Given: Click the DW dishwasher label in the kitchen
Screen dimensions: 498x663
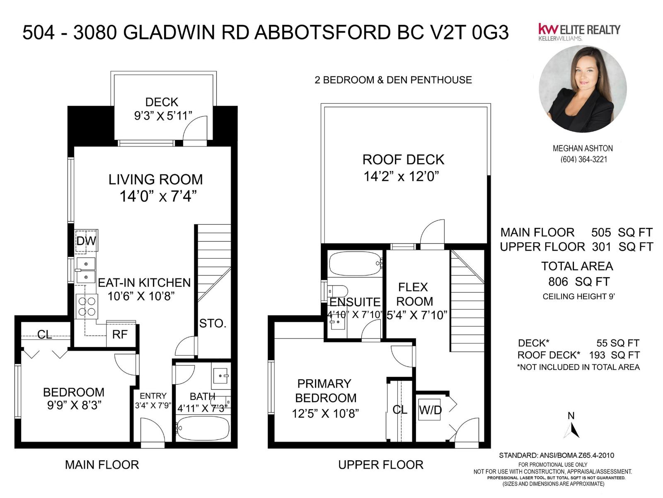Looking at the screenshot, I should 86,241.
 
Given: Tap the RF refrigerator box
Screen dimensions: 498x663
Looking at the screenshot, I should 120,334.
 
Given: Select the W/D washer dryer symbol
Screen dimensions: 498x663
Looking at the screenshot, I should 430,410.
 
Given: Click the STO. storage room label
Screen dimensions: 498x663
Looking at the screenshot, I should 213,324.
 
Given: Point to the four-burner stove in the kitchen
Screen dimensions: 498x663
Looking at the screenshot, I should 87,307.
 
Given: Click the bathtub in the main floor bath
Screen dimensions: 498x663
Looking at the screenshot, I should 203,428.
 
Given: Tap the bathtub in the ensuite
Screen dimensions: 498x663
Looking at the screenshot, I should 355,264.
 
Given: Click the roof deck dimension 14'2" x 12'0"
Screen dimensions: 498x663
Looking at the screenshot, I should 401,177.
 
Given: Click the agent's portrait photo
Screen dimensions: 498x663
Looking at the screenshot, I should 582,89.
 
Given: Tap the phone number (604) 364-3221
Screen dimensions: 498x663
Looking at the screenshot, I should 583,159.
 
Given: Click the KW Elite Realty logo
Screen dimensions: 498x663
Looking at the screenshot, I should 578,32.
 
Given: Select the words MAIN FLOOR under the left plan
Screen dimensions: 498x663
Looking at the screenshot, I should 102,465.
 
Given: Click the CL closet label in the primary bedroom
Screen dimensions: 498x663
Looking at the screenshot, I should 400,410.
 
